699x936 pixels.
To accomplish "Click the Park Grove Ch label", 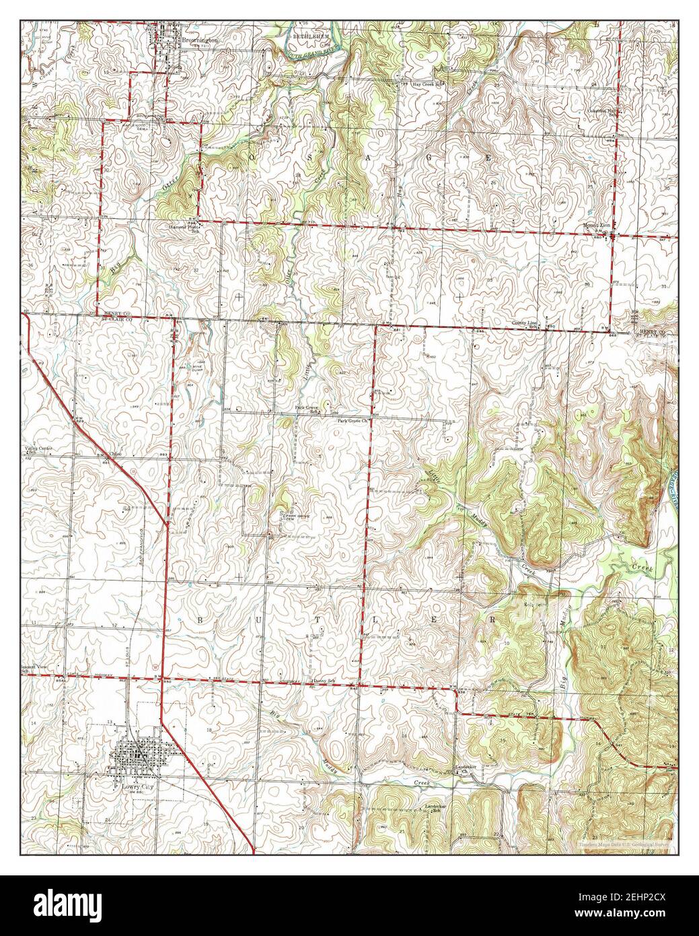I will [x=354, y=422].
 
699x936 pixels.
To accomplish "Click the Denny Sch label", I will [x=324, y=681].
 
